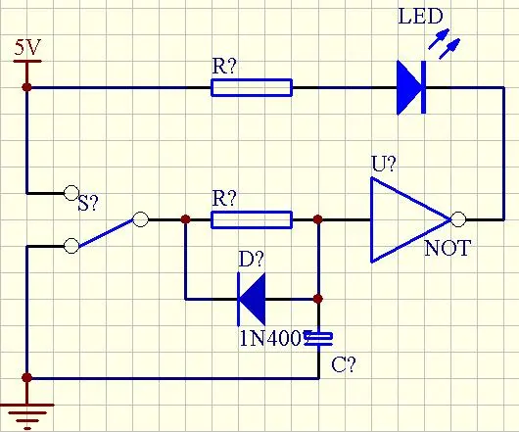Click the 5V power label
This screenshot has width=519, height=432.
[27, 47]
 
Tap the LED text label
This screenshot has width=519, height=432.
[420, 17]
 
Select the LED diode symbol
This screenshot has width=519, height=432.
[411, 88]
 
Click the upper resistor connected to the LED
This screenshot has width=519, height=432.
[252, 88]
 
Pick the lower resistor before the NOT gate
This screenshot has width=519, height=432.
[252, 219]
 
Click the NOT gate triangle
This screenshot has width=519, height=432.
[410, 219]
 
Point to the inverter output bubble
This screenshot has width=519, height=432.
[458, 219]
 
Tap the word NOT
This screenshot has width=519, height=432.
[448, 248]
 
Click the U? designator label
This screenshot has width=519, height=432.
[384, 164]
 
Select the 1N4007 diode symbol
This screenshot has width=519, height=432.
[252, 299]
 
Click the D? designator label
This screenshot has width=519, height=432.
[252, 259]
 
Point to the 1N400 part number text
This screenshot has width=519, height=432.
[272, 338]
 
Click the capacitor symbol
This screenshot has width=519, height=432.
[318, 338]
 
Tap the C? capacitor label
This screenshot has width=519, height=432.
[344, 364]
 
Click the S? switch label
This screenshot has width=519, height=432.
[88, 203]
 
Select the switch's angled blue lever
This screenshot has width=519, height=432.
[106, 233]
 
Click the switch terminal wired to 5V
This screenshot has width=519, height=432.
[71, 193]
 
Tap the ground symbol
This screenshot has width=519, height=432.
[27, 413]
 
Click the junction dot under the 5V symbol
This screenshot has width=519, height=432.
[26, 87]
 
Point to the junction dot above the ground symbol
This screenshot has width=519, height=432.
[26, 378]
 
